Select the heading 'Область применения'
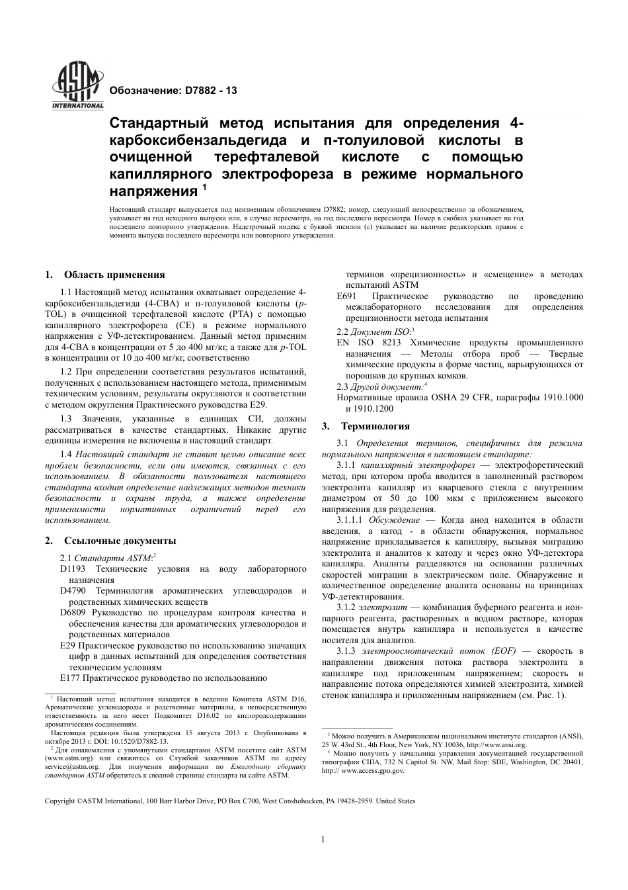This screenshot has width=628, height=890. (114, 275)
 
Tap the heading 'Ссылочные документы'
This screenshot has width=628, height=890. (120, 541)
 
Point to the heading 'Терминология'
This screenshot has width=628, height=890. (375, 426)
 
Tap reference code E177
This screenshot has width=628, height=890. (69, 678)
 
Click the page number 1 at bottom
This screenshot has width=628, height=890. (323, 840)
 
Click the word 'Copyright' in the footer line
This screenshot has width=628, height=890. (59, 801)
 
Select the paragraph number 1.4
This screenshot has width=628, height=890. (66, 454)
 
